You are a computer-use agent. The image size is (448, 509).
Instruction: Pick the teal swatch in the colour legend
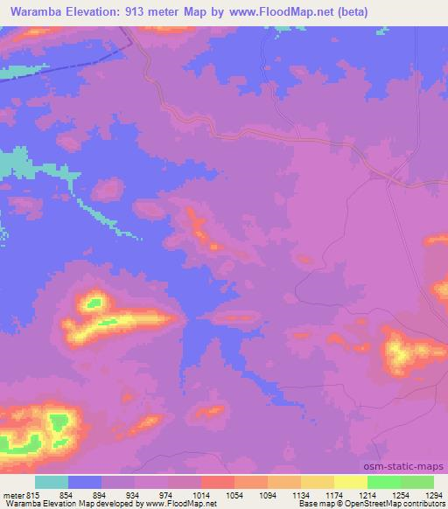click(x=52, y=482)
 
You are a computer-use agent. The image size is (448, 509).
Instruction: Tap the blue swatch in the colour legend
click(x=85, y=482)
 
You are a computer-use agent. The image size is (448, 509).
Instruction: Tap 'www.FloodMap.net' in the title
click(x=275, y=12)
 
